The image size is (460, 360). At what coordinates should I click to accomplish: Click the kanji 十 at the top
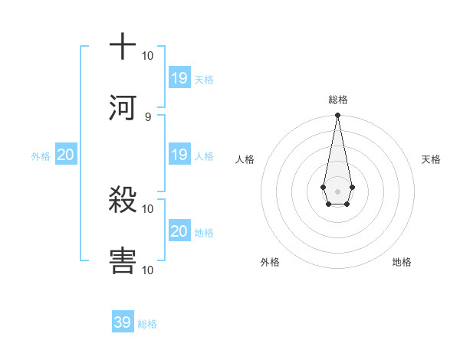tap(123, 47)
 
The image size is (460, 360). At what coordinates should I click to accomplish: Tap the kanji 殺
tap(123, 201)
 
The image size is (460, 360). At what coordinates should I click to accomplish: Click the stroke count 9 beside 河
tap(148, 116)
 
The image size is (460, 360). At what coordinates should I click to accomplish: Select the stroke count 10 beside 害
tap(148, 270)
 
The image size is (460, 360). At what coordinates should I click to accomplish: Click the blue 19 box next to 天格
tap(179, 77)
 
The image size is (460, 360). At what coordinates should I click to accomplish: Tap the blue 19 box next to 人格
tap(179, 155)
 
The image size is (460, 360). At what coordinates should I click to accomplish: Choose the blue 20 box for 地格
tap(179, 231)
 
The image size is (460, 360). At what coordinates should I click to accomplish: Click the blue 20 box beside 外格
tap(66, 155)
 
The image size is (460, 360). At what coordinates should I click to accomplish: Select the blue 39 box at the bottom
tap(123, 322)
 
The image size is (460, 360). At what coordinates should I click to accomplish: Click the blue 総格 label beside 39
tap(147, 324)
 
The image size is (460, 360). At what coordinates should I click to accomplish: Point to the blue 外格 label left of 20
tap(41, 156)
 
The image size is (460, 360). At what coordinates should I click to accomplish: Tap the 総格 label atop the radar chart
tap(337, 100)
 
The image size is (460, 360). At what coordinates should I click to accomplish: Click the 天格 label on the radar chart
tap(432, 159)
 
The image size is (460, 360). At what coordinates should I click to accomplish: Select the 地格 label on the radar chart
tap(402, 262)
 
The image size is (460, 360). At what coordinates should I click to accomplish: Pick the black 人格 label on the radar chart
tap(245, 159)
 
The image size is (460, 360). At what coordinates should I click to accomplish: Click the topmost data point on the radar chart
tap(337, 116)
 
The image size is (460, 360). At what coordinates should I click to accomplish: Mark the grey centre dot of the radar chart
tap(337, 191)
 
